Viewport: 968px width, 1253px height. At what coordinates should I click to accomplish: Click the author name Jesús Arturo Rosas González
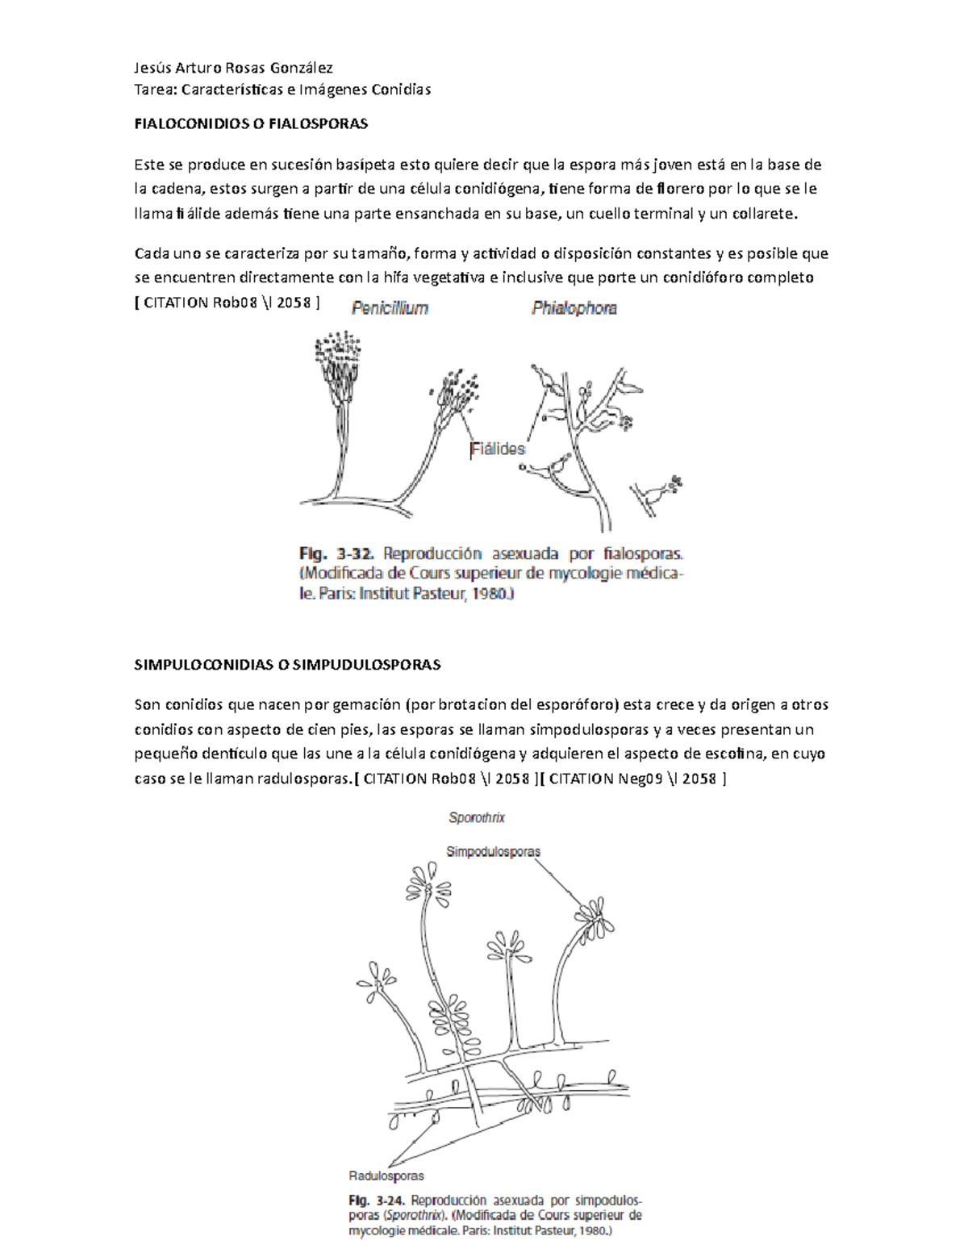(233, 68)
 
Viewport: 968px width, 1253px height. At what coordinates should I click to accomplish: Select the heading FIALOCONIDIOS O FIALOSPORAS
(250, 124)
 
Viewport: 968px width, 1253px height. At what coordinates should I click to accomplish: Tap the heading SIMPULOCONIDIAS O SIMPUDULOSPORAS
(287, 665)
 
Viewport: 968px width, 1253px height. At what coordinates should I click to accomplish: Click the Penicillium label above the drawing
(390, 308)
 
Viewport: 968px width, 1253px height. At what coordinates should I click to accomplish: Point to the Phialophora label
(574, 308)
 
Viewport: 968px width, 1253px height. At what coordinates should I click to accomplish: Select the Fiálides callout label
(498, 449)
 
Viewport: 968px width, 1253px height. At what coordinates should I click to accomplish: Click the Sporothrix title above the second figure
(477, 818)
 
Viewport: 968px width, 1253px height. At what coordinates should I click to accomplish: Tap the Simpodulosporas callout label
(493, 851)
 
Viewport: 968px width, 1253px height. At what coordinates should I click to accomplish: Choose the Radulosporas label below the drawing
(386, 1176)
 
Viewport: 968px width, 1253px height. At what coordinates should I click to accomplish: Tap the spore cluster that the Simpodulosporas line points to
(595, 914)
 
